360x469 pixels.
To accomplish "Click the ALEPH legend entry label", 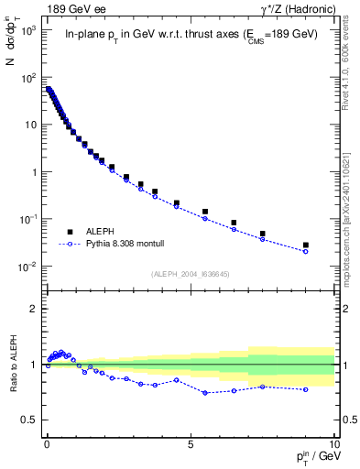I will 103,232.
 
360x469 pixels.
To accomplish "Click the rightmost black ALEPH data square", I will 306,245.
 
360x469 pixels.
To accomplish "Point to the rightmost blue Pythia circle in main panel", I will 306,251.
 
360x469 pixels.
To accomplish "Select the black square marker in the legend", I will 70,232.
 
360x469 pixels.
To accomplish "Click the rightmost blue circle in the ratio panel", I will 306,389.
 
